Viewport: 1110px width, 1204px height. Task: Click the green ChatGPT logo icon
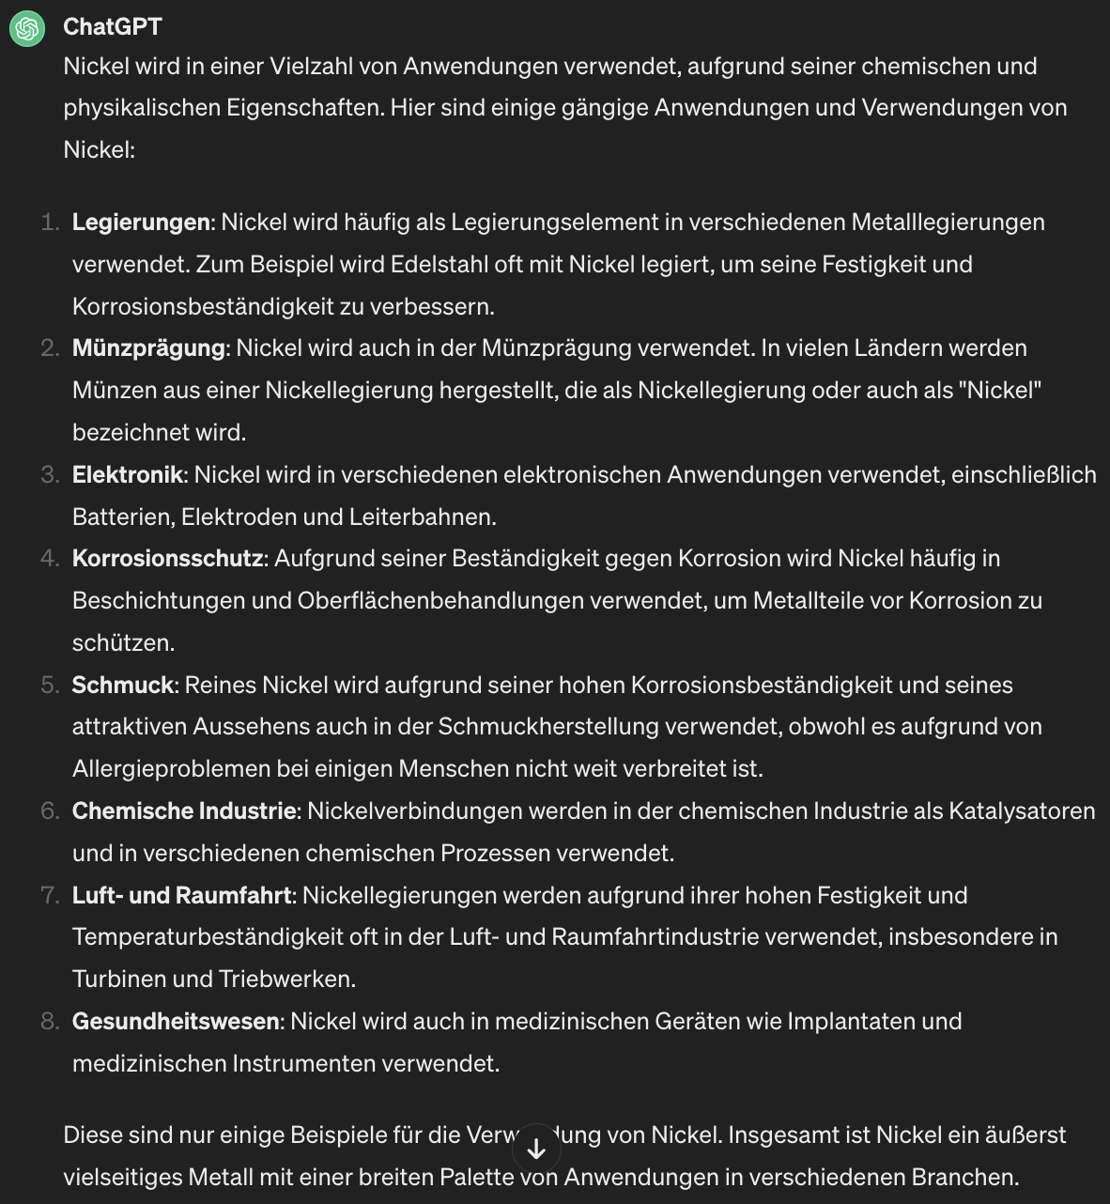[27, 28]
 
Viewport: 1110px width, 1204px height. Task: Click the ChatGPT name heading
[112, 27]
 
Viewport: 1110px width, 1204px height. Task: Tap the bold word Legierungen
[141, 223]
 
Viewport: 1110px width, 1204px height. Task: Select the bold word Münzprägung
[148, 348]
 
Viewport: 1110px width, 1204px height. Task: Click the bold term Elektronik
[128, 475]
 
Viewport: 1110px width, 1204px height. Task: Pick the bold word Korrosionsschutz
[167, 559]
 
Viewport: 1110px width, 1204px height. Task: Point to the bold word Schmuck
[123, 686]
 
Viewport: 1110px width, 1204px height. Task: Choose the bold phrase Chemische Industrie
[184, 811]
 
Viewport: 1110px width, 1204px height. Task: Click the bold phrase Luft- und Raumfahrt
[181, 896]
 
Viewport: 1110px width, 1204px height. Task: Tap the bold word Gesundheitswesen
[176, 1022]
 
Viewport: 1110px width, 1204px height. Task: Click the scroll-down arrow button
[537, 1149]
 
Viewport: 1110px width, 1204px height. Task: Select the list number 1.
[49, 223]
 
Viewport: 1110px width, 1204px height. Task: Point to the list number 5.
[49, 686]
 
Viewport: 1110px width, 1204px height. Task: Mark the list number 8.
[49, 1022]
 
